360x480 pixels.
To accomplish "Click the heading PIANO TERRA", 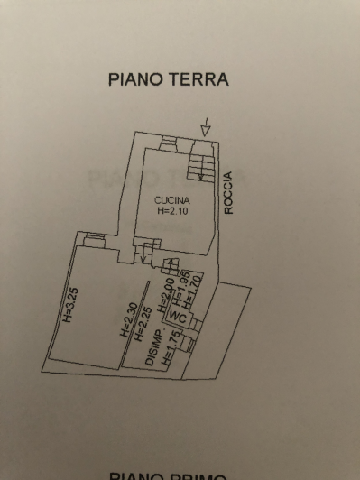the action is pos(169,79).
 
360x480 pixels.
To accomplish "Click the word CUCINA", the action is pos(171,199).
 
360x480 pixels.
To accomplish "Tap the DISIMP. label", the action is pos(152,346).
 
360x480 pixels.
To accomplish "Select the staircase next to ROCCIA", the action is pos(200,165).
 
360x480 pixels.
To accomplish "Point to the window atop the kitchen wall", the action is pos(169,140).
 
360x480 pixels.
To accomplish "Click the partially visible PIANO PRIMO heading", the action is pos(169,475).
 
